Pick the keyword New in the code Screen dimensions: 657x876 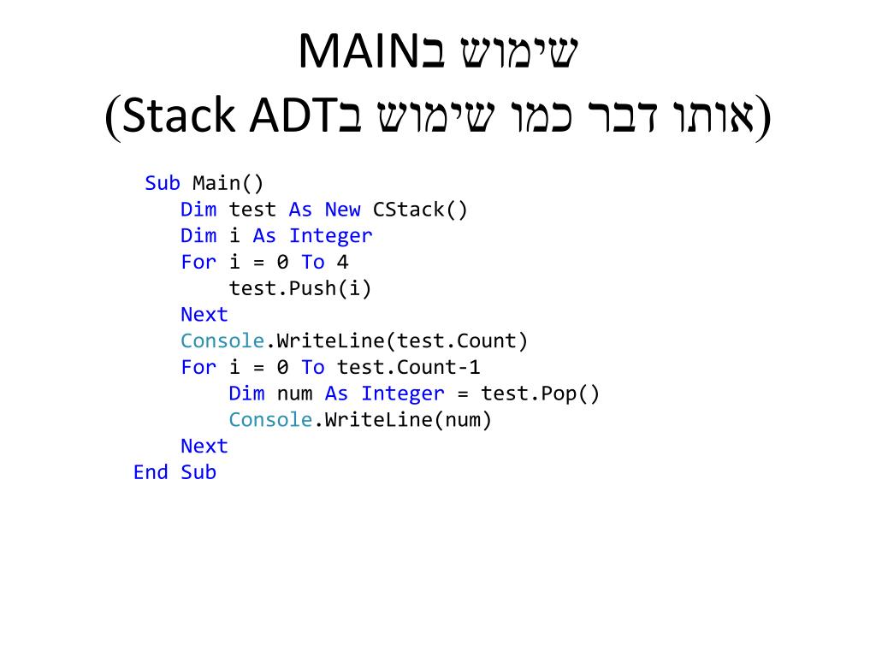pyautogui.click(x=342, y=210)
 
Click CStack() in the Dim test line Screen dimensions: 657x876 pyautogui.click(x=420, y=210)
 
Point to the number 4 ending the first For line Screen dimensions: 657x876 pyautogui.click(x=342, y=262)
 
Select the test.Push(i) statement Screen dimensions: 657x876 pyautogui.click(x=300, y=288)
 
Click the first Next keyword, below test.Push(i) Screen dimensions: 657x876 pyautogui.click(x=204, y=315)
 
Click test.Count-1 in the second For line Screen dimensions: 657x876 pyautogui.click(x=408, y=368)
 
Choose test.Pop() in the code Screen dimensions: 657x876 pyautogui.click(x=541, y=394)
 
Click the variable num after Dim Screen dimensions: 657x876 pyautogui.click(x=294, y=394)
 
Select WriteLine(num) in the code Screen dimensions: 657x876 pyautogui.click(x=408, y=420)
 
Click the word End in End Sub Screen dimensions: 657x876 pyautogui.click(x=151, y=472)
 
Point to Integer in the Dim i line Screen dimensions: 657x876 pyautogui.click(x=330, y=236)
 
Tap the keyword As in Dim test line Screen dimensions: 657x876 pyautogui.click(x=300, y=210)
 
